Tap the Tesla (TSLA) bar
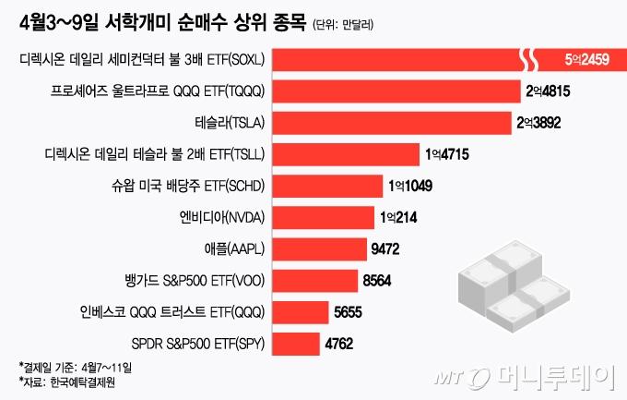(391, 121)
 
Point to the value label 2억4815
(552, 91)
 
